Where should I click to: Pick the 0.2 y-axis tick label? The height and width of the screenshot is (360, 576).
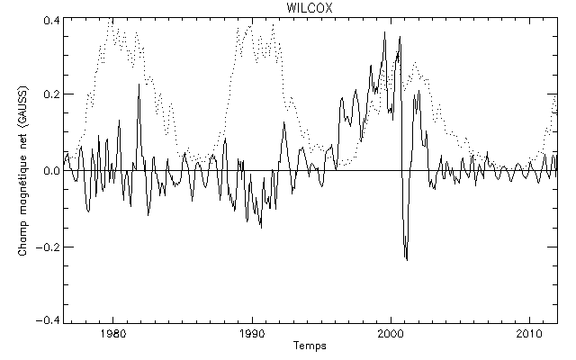[50, 94]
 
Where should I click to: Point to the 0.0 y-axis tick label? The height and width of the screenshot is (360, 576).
[50, 170]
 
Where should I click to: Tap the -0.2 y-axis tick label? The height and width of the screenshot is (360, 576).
[48, 246]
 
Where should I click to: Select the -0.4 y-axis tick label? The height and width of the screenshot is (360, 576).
[48, 320]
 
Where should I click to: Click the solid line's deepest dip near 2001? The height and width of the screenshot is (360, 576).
[407, 259]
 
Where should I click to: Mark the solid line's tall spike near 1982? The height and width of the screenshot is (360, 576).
[139, 84]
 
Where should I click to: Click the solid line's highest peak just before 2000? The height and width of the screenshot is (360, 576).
[385, 32]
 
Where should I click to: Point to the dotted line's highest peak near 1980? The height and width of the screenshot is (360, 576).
[110, 18]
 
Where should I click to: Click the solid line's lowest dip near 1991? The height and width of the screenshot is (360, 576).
[261, 227]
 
